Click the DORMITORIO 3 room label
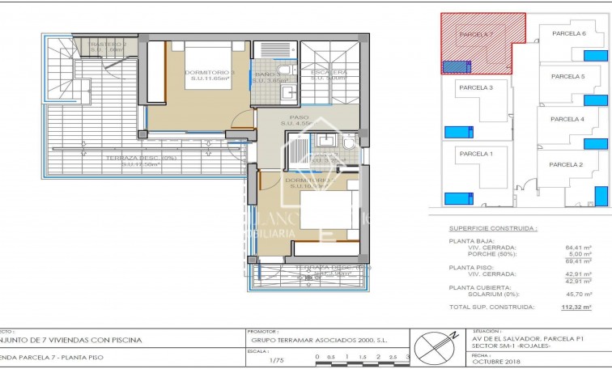(210, 73)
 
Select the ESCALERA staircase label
(329, 73)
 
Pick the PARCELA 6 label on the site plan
(568, 34)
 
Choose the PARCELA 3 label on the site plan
(476, 87)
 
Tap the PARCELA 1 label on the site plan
(476, 153)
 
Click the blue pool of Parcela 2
(601, 197)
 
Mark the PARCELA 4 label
(567, 119)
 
